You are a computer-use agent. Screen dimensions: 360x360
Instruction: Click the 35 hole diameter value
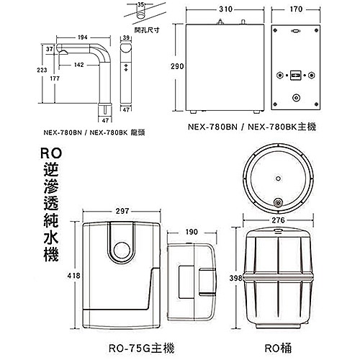click(x=140, y=5)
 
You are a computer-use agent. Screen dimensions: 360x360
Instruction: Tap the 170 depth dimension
click(x=294, y=12)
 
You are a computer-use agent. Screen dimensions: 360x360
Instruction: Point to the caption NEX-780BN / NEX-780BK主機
click(x=246, y=125)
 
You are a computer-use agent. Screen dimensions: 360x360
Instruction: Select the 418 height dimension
click(x=71, y=274)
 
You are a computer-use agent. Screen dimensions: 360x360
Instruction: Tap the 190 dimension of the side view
click(x=191, y=233)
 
